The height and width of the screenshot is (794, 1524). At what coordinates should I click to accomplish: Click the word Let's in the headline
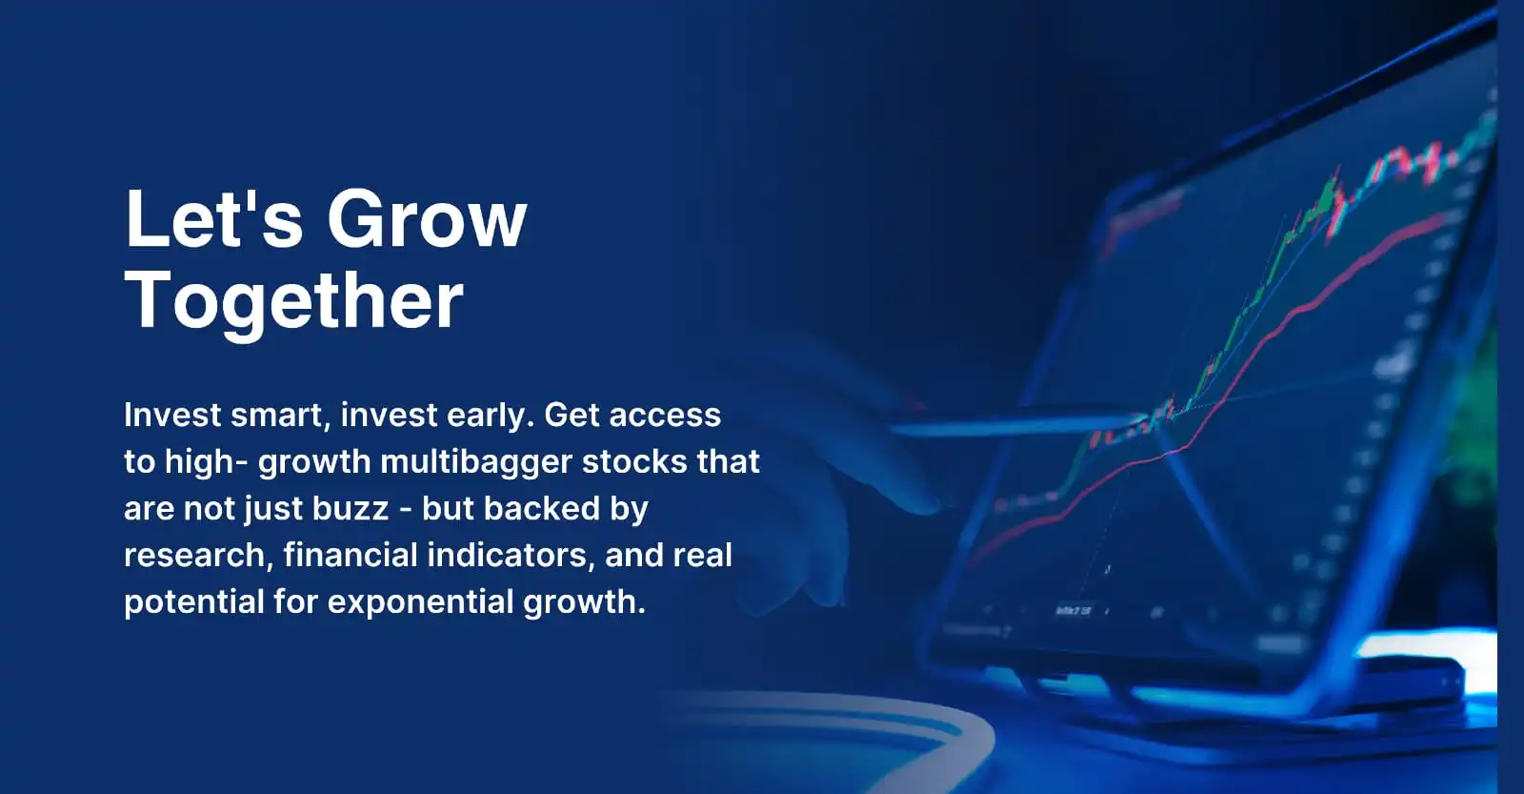[x=213, y=219]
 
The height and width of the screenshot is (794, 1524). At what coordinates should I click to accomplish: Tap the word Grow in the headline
[x=428, y=219]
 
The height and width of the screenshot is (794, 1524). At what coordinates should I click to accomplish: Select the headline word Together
[x=294, y=301]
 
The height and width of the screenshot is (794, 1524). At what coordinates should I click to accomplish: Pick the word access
[x=665, y=416]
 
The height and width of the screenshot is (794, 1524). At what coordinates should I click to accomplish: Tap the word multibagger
[x=475, y=463]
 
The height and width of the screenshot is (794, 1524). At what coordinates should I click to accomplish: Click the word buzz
[x=351, y=508]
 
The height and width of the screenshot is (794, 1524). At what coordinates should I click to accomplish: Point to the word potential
[x=194, y=602]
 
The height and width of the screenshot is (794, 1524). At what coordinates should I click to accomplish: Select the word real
[x=703, y=555]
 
